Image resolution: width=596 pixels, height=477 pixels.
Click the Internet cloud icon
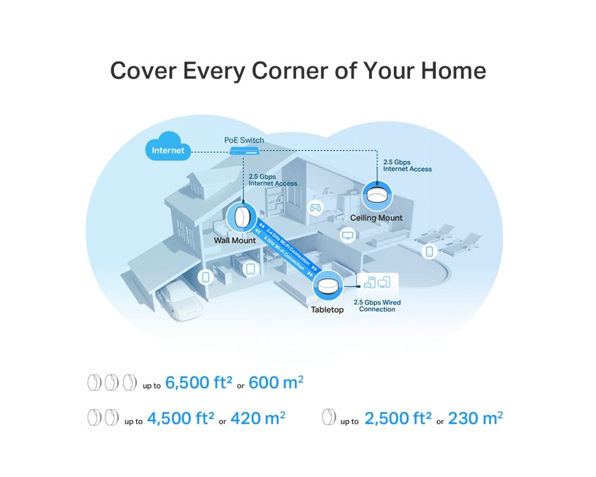[168, 147]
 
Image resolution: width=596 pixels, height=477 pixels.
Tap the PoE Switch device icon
[244, 151]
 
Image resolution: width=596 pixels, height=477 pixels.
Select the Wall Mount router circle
[241, 218]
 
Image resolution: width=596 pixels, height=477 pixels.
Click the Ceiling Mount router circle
[377, 196]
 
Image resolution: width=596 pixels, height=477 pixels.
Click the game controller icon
[315, 207]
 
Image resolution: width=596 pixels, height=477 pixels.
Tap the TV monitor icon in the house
[348, 235]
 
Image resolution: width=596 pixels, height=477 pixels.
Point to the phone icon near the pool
[430, 252]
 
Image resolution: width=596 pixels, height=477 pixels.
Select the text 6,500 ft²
[198, 383]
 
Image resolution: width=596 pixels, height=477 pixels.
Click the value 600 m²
[276, 383]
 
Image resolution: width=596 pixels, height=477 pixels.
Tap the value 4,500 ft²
[180, 419]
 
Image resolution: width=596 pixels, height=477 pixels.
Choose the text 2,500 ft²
[398, 419]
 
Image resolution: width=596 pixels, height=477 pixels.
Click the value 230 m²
[476, 419]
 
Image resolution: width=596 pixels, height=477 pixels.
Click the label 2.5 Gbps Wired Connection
[377, 306]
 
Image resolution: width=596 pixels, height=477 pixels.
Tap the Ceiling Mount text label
[376, 218]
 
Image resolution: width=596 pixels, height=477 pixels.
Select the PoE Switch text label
[244, 140]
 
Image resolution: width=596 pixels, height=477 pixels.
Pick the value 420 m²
[258, 419]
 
